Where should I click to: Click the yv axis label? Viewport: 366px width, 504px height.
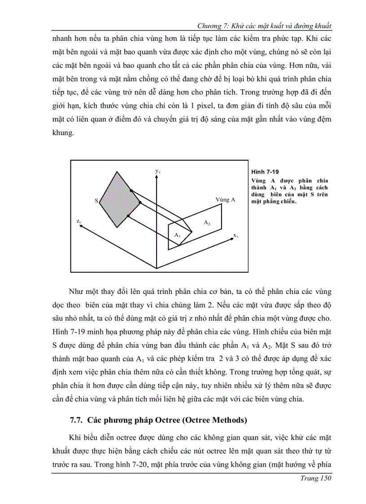click(158, 171)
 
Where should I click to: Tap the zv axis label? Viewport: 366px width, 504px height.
click(78, 221)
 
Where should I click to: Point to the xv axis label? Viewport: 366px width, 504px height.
click(235, 235)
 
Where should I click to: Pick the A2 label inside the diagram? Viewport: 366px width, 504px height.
click(207, 223)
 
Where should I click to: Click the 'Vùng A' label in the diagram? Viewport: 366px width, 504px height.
click(225, 199)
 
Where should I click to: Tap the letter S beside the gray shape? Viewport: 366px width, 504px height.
click(96, 201)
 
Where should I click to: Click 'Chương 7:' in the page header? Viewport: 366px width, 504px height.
click(213, 26)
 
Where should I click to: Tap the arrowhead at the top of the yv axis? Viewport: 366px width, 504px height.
click(156, 176)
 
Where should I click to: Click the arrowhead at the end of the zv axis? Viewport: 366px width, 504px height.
click(79, 226)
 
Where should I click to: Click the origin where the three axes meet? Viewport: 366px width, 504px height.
click(156, 268)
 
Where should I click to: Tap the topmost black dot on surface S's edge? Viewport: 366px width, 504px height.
click(131, 191)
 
